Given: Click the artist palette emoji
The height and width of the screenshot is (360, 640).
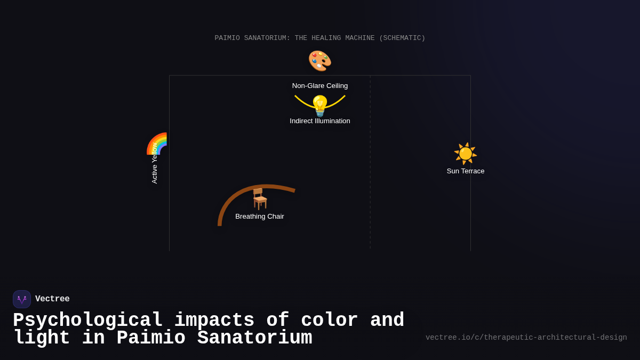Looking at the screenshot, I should pyautogui.click(x=320, y=61).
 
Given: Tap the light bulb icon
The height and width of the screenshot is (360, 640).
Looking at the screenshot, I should pyautogui.click(x=320, y=106).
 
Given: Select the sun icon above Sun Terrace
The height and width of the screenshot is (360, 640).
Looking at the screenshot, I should pyautogui.click(x=466, y=154).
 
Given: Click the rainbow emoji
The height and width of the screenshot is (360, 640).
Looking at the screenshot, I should pyautogui.click(x=157, y=143).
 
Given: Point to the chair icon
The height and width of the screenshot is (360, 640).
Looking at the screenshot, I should pyautogui.click(x=260, y=198).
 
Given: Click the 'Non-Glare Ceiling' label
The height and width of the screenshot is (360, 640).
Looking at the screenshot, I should pyautogui.click(x=320, y=86).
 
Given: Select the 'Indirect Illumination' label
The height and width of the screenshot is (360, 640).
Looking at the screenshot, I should pyautogui.click(x=320, y=121).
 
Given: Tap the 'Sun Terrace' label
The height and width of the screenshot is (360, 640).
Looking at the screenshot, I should pyautogui.click(x=466, y=171).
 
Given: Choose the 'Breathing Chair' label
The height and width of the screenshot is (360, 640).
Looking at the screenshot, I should pyautogui.click(x=260, y=217).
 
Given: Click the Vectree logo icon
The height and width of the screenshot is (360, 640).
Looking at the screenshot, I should pyautogui.click(x=22, y=299).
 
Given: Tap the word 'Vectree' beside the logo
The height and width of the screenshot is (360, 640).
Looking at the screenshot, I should pyautogui.click(x=52, y=299).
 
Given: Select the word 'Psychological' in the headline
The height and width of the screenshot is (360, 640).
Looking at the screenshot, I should pyautogui.click(x=88, y=321).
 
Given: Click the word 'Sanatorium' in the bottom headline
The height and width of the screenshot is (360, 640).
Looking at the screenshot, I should pyautogui.click(x=254, y=338).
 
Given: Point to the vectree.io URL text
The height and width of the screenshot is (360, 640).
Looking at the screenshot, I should pyautogui.click(x=526, y=338).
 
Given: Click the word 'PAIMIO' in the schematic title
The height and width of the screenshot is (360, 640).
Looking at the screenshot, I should pyautogui.click(x=228, y=38).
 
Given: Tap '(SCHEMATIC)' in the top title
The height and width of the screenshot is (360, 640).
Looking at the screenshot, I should pyautogui.click(x=402, y=38).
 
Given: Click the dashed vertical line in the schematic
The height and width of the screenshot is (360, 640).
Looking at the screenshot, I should pyautogui.click(x=370, y=160).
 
